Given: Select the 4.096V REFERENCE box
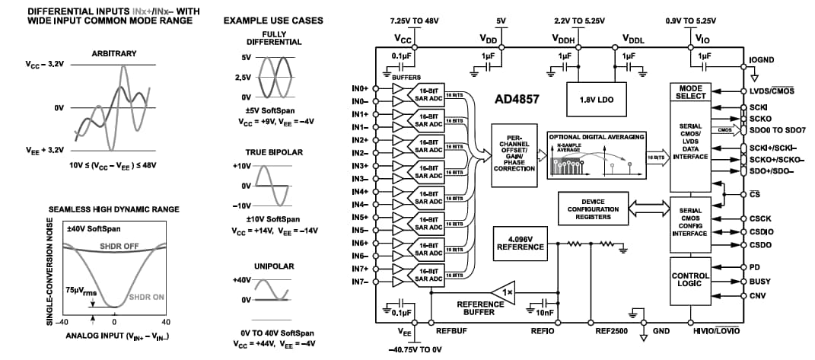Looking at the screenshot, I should tap(521, 243).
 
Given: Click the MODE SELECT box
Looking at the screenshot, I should tap(690, 92).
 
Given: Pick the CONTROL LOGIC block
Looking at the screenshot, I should tap(690, 281).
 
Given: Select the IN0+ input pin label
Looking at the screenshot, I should tap(361, 88).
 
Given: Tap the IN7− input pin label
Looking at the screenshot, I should tap(361, 282).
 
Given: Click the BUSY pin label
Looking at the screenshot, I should tap(760, 281).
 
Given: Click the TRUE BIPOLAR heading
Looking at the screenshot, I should tap(274, 152).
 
